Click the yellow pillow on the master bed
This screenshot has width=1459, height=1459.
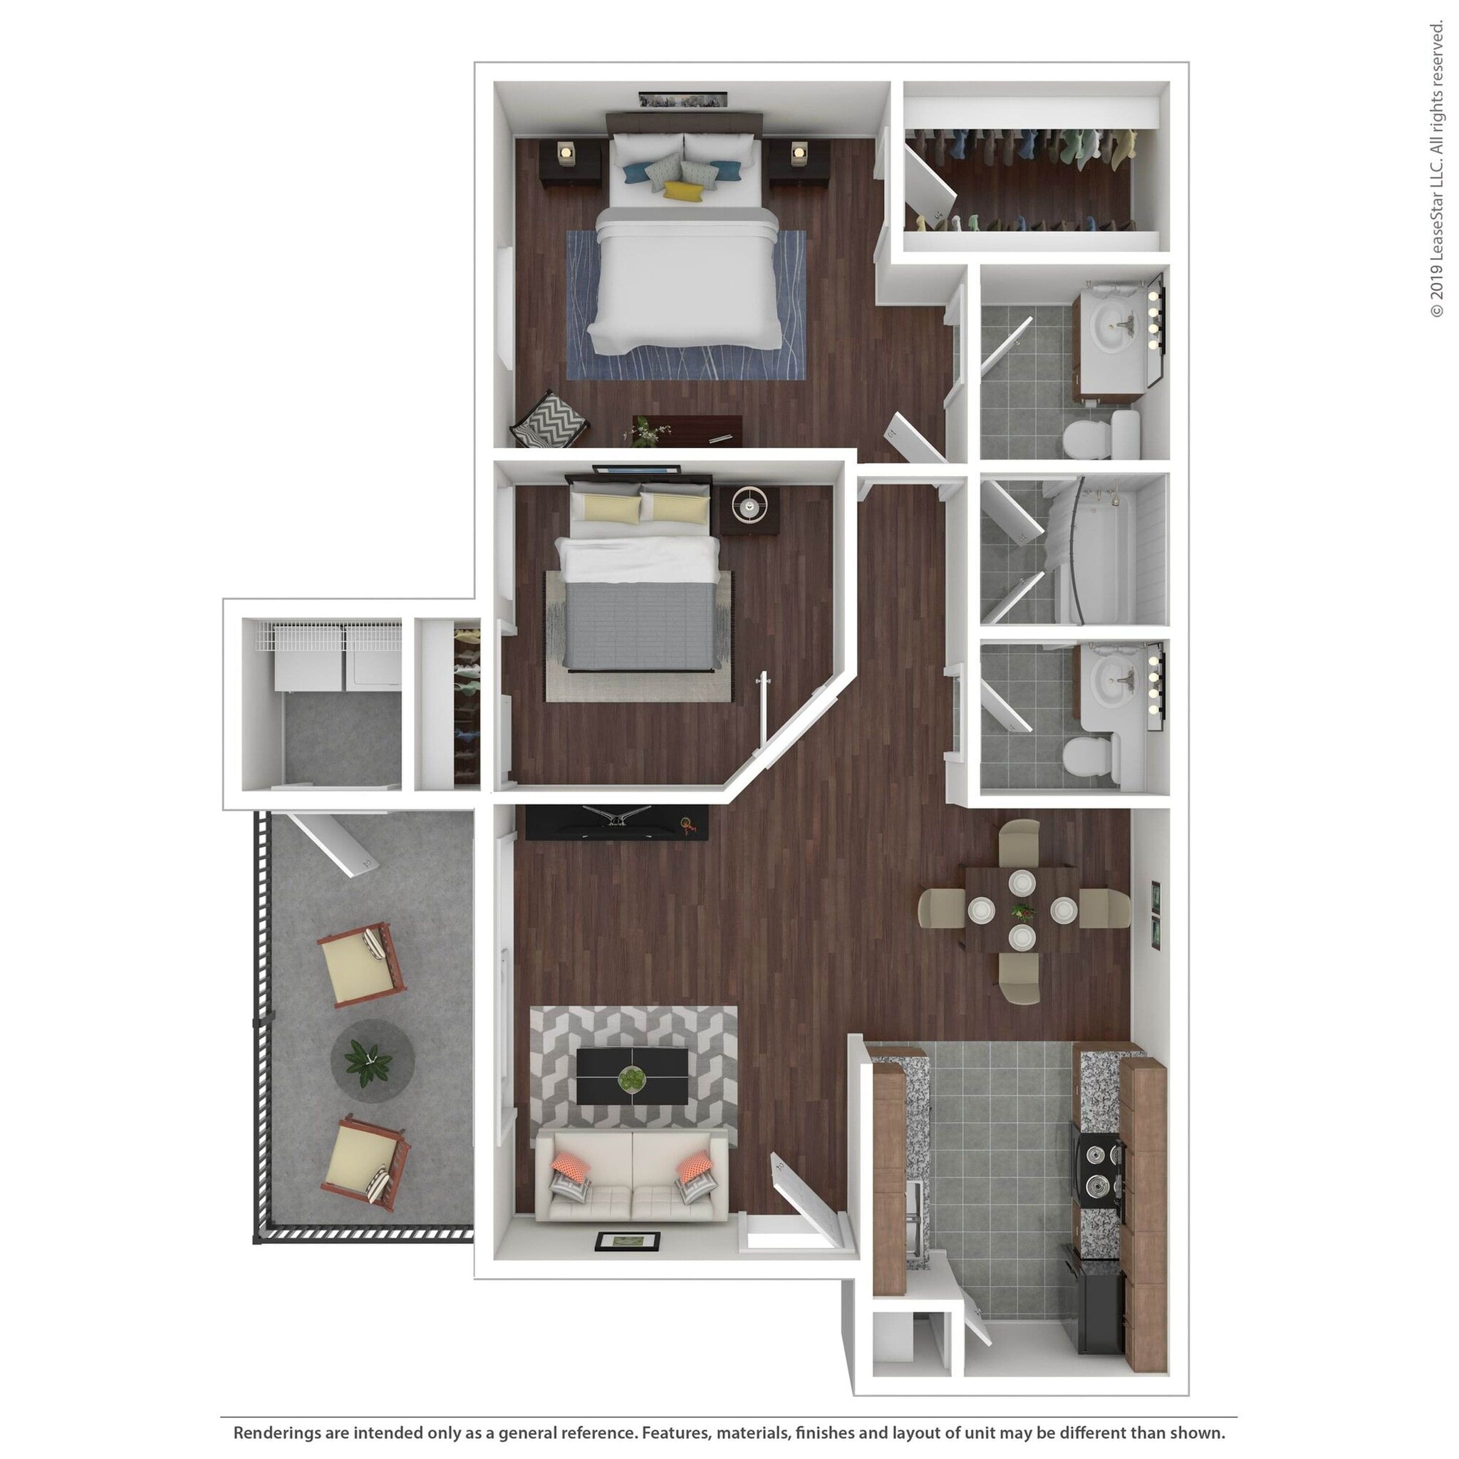click(x=683, y=190)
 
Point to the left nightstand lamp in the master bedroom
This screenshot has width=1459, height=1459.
click(x=566, y=152)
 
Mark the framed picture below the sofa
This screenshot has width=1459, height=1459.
click(x=627, y=1241)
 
